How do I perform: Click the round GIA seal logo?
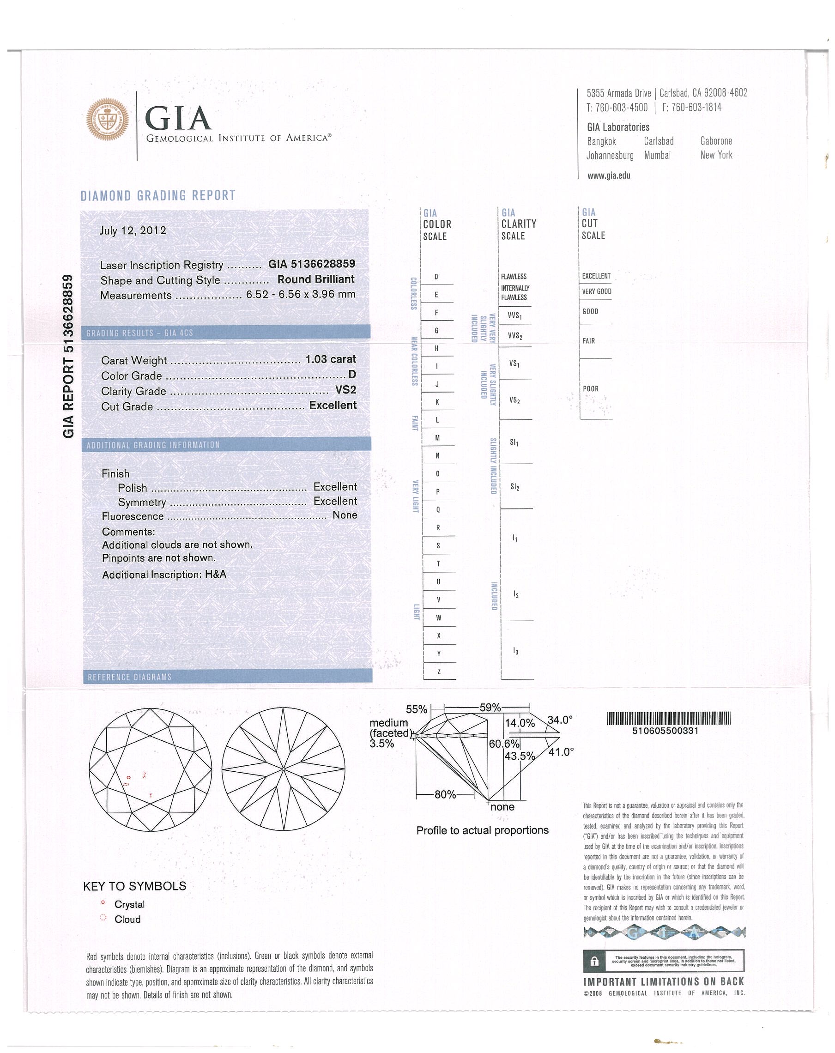108,118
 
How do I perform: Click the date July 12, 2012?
133,230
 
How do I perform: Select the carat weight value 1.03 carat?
331,359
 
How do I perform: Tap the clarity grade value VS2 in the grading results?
345,390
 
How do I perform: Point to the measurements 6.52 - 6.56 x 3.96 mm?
300,295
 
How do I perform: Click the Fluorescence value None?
345,515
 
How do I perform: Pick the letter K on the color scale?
437,402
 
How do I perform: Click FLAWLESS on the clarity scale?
513,277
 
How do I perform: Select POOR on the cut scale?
590,389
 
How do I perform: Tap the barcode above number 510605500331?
668,718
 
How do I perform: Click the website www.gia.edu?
608,176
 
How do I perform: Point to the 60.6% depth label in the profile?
504,744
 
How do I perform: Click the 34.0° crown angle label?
560,720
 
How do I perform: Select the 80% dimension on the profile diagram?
445,795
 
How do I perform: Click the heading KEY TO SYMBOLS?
135,886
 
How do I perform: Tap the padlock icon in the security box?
594,962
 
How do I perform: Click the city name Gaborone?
716,141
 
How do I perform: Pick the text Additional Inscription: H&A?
164,575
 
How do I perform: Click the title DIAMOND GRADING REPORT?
158,196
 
